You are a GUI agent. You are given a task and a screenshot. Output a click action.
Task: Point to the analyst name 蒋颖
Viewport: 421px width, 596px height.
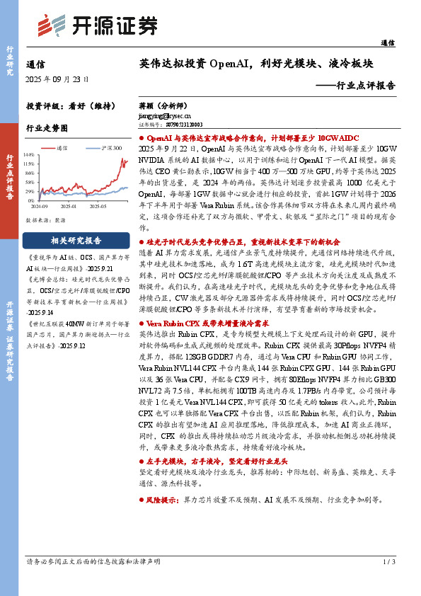coord(146,104)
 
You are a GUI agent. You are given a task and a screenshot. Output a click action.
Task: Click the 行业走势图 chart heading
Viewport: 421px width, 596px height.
coord(46,129)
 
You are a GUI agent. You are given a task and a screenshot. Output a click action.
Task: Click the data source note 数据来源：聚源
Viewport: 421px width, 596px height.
coord(46,220)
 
